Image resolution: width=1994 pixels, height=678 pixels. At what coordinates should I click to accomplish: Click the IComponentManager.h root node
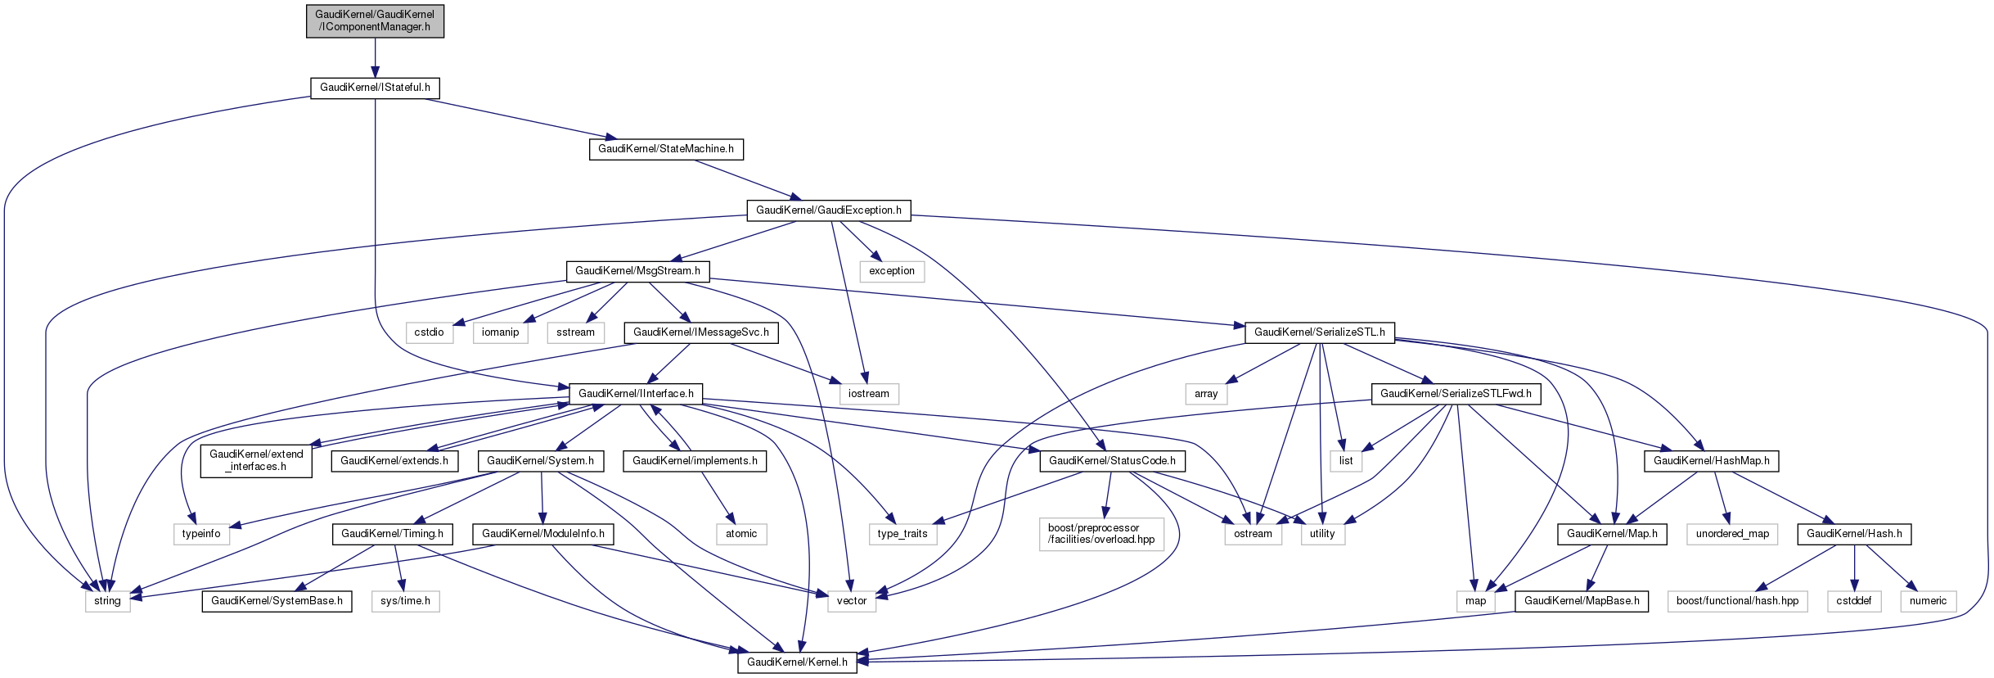(375, 20)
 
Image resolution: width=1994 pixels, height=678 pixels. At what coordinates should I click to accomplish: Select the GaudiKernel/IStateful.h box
(375, 88)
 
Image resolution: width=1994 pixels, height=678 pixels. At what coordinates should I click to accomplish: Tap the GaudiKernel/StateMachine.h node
(666, 149)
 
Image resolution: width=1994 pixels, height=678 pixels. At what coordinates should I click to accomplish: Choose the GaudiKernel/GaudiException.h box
(828, 210)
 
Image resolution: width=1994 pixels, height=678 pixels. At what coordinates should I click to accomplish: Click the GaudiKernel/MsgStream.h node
(637, 271)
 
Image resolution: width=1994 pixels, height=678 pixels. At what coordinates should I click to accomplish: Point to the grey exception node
(891, 271)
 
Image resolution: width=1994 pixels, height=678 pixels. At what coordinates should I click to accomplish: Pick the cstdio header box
(429, 332)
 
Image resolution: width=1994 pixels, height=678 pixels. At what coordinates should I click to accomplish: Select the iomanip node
(500, 332)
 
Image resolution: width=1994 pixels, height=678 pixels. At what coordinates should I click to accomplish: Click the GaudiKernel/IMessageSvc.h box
(700, 332)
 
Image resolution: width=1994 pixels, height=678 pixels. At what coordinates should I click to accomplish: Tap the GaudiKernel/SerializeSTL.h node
(1319, 332)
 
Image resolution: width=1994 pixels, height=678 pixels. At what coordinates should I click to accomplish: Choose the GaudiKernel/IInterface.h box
(636, 394)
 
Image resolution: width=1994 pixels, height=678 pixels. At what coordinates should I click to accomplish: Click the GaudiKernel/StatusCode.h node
(1112, 461)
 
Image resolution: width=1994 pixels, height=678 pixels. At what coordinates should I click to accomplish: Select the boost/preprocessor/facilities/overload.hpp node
(1101, 534)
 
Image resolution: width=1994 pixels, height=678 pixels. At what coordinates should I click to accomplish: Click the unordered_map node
(1732, 534)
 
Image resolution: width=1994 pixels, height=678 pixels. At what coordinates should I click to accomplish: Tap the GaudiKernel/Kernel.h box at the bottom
(797, 662)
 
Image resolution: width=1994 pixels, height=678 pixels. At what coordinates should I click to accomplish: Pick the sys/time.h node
(405, 601)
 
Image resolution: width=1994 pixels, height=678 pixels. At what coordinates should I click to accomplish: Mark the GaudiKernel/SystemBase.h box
(277, 601)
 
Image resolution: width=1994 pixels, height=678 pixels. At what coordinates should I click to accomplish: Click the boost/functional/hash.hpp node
(1737, 601)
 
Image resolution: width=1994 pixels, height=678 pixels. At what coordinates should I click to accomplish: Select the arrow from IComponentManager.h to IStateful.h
(375, 57)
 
